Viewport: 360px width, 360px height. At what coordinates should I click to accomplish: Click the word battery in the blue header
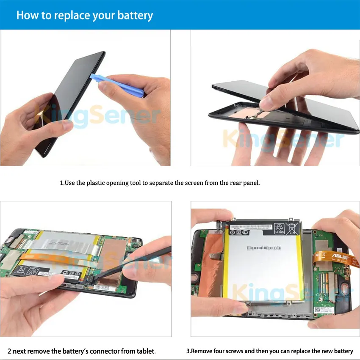pos(135,16)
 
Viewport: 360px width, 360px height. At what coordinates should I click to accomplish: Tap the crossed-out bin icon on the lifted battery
pos(292,228)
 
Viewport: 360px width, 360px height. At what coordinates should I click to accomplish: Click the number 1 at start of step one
pos(61,183)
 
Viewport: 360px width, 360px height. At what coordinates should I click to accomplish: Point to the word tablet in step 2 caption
pos(146,351)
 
